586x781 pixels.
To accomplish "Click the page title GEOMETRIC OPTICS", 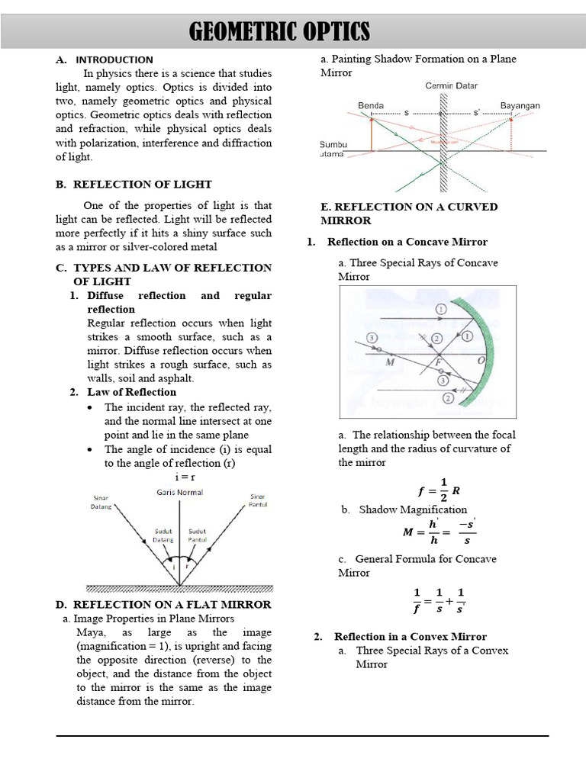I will point(279,32).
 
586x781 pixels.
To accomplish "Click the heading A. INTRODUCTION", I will point(105,59).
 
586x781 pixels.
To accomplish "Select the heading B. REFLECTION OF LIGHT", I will point(134,184).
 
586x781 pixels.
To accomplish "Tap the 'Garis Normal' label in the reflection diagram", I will point(180,492).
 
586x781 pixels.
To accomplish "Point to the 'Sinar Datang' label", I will point(102,501).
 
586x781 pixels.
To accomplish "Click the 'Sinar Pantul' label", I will point(258,501).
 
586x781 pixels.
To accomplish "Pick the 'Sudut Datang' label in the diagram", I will point(163,535).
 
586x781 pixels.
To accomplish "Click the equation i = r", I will point(179,477).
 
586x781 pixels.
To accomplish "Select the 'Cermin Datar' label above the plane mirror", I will point(452,85).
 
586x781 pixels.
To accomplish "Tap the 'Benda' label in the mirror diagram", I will point(371,105).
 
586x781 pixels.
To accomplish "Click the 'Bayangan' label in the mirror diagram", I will point(520,105).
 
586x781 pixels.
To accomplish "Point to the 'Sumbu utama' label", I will point(333,149).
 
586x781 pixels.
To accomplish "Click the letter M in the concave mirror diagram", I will point(390,362).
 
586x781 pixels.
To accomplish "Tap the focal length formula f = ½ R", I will point(435,490).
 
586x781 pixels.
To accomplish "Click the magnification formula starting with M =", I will point(438,532).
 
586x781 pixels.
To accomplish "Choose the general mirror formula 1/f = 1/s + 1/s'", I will point(439,600).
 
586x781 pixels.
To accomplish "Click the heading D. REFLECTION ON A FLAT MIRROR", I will point(163,604).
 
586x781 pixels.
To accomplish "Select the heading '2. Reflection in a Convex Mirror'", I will point(400,637).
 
